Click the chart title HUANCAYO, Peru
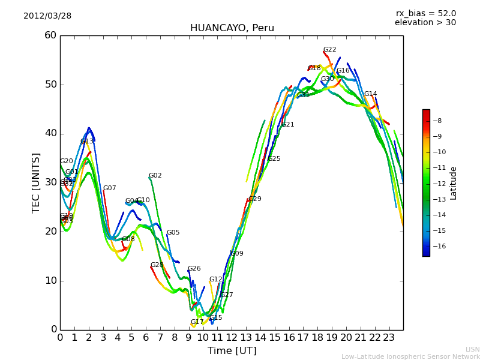(232, 28)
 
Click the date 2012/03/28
(47, 16)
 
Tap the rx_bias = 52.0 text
(425, 13)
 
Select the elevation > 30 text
(425, 23)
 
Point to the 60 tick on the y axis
(50, 35)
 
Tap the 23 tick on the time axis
(389, 338)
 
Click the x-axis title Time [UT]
(232, 351)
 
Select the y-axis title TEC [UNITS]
(36, 182)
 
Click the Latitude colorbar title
(454, 182)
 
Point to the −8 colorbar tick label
(437, 121)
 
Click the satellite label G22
(329, 50)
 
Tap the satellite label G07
(109, 188)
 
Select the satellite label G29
(254, 199)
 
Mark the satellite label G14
(370, 94)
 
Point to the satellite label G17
(197, 322)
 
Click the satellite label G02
(155, 176)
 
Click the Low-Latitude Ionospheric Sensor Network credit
(410, 356)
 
